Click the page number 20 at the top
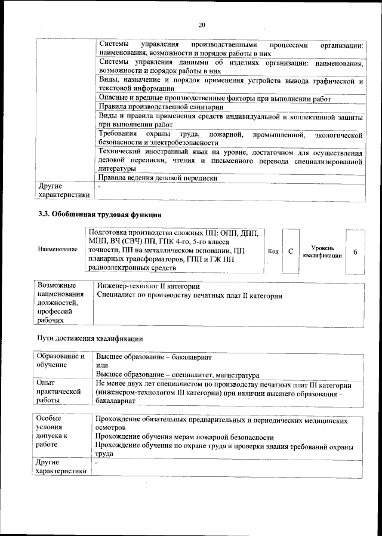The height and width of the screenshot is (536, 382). pyautogui.click(x=201, y=24)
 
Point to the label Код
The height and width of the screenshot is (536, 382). pyautogui.click(x=273, y=251)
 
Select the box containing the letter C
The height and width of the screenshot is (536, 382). pyautogui.click(x=291, y=251)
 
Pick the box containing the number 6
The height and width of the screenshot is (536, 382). pyautogui.click(x=355, y=251)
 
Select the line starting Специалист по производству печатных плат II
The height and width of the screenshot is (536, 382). pyautogui.click(x=189, y=295)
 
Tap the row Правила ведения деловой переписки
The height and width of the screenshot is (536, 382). pyautogui.click(x=157, y=178)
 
